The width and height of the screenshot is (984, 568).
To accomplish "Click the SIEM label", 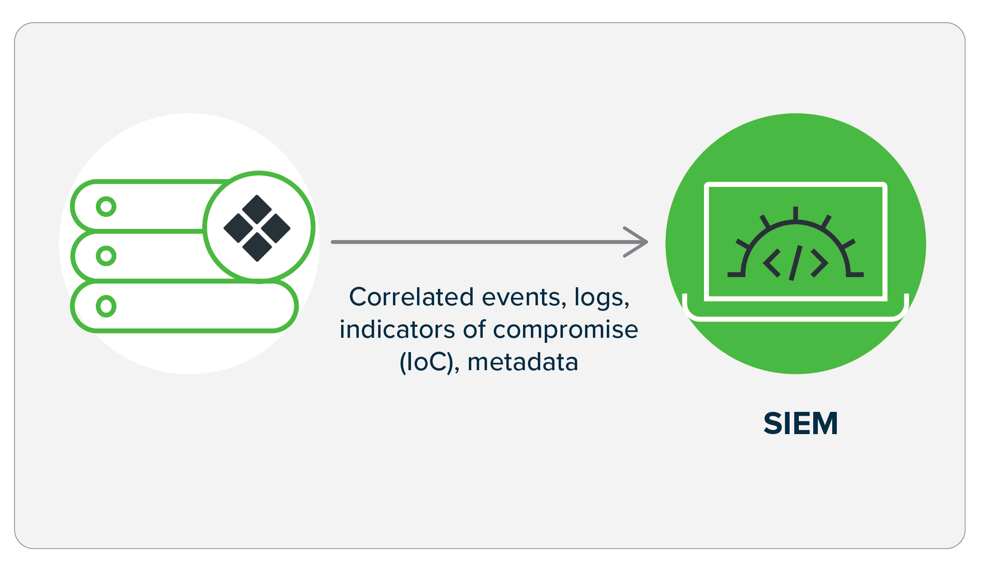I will [x=800, y=423].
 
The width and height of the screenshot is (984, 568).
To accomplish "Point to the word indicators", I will [x=397, y=329].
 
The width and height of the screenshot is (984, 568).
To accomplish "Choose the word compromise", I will [x=566, y=330].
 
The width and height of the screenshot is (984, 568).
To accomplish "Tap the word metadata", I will [x=523, y=362].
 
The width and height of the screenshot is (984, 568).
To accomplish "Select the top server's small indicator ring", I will [x=106, y=207].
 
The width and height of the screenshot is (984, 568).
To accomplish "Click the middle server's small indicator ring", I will [x=106, y=256].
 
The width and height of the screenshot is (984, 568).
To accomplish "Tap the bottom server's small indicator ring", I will [x=106, y=306].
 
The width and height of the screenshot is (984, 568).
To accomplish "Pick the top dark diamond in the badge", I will [x=257, y=209].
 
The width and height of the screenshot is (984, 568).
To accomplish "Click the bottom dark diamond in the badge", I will [x=257, y=246].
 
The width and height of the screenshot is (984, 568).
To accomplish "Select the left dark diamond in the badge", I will [x=238, y=228].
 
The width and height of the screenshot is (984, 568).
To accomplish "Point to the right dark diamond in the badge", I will [x=275, y=228].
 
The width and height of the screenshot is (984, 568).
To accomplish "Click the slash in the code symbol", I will [x=796, y=263].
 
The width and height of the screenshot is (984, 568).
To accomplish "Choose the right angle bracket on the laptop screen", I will [x=819, y=263].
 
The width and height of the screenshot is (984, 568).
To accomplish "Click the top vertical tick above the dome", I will [x=796, y=213].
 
